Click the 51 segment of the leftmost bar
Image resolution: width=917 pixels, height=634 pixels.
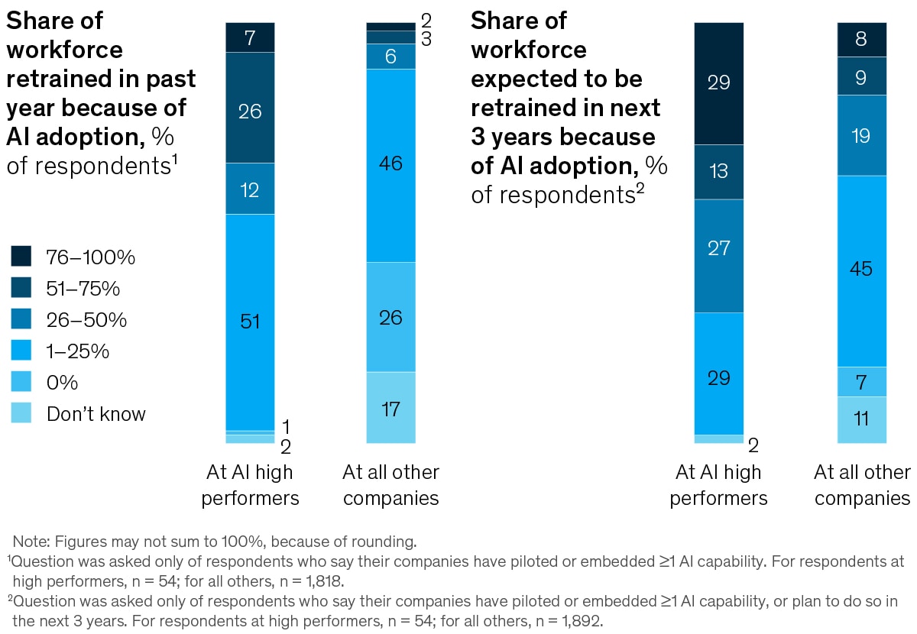(x=250, y=322)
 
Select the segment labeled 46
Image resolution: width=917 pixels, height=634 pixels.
(x=390, y=165)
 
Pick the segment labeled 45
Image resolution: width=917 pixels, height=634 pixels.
(x=862, y=270)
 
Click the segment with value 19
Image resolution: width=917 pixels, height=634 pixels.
(x=862, y=135)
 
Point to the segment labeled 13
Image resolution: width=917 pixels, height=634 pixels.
(x=718, y=172)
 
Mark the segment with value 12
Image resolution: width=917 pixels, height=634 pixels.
(x=250, y=189)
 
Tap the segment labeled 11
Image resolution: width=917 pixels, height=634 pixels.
(x=862, y=419)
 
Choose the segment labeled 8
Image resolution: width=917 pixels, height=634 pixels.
(x=862, y=40)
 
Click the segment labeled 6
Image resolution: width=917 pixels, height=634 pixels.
(x=390, y=57)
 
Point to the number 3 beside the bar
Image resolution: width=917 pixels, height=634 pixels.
(x=426, y=40)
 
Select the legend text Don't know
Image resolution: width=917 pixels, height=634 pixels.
(x=96, y=414)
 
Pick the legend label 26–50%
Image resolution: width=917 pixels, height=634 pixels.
(x=86, y=320)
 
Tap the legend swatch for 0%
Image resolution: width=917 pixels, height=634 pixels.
(x=21, y=383)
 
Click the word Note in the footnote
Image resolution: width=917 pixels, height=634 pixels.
(x=28, y=542)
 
